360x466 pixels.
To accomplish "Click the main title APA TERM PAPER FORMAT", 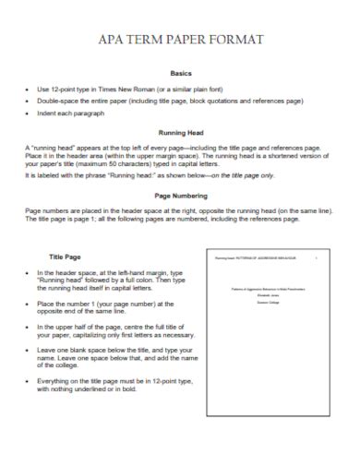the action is coord(179,41).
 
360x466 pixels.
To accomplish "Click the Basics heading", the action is coord(181,73).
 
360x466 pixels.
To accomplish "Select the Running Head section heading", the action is coord(181,132).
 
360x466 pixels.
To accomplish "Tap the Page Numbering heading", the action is coord(180,197).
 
